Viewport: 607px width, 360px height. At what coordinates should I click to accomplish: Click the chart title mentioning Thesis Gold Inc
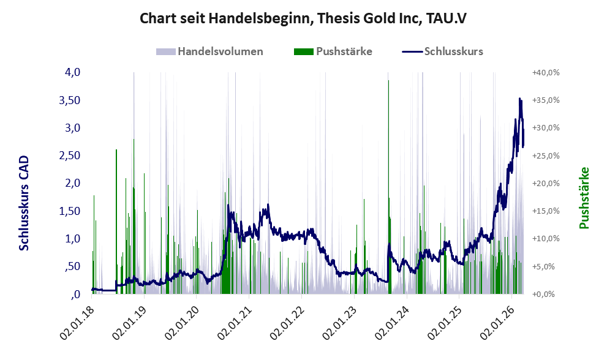pos(303,18)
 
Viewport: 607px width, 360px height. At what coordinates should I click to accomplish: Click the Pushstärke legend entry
pos(344,51)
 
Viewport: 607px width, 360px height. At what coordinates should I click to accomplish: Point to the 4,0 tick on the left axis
pos(73,72)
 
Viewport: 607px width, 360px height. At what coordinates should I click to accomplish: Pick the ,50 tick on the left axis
pos(72,266)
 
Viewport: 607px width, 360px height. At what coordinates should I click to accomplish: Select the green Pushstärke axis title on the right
pos(584,198)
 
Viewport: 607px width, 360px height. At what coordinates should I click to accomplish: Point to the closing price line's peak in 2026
pos(520,99)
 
